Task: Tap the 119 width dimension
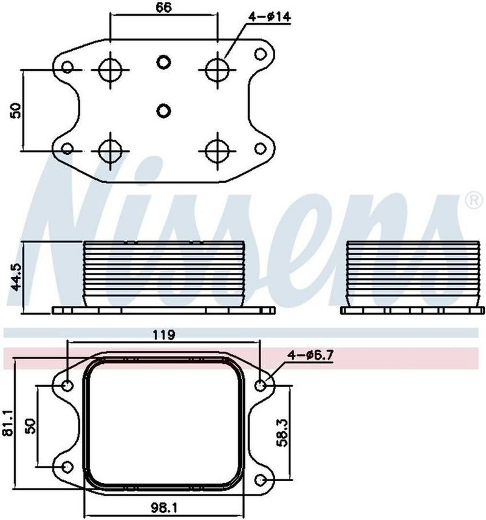164,334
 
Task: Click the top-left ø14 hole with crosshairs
110,70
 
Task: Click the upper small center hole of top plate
163,61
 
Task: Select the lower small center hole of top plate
163,110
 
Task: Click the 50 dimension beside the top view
16,110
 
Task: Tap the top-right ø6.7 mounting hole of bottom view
261,385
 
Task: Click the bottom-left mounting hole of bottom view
67,467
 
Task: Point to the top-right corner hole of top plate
260,54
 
